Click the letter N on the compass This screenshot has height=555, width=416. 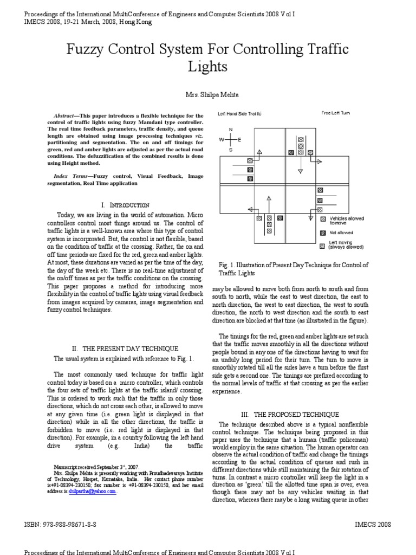point(230,130)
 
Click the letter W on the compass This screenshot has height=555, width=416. point(222,139)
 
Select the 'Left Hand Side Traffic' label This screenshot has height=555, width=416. point(239,114)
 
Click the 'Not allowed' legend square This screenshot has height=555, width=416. point(323,233)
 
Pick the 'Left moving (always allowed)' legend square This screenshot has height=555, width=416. point(323,244)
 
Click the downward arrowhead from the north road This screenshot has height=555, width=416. point(300,171)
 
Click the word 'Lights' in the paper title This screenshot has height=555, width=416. point(208,67)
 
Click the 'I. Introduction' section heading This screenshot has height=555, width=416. point(125,205)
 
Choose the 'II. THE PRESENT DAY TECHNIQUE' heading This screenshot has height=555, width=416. point(125,348)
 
